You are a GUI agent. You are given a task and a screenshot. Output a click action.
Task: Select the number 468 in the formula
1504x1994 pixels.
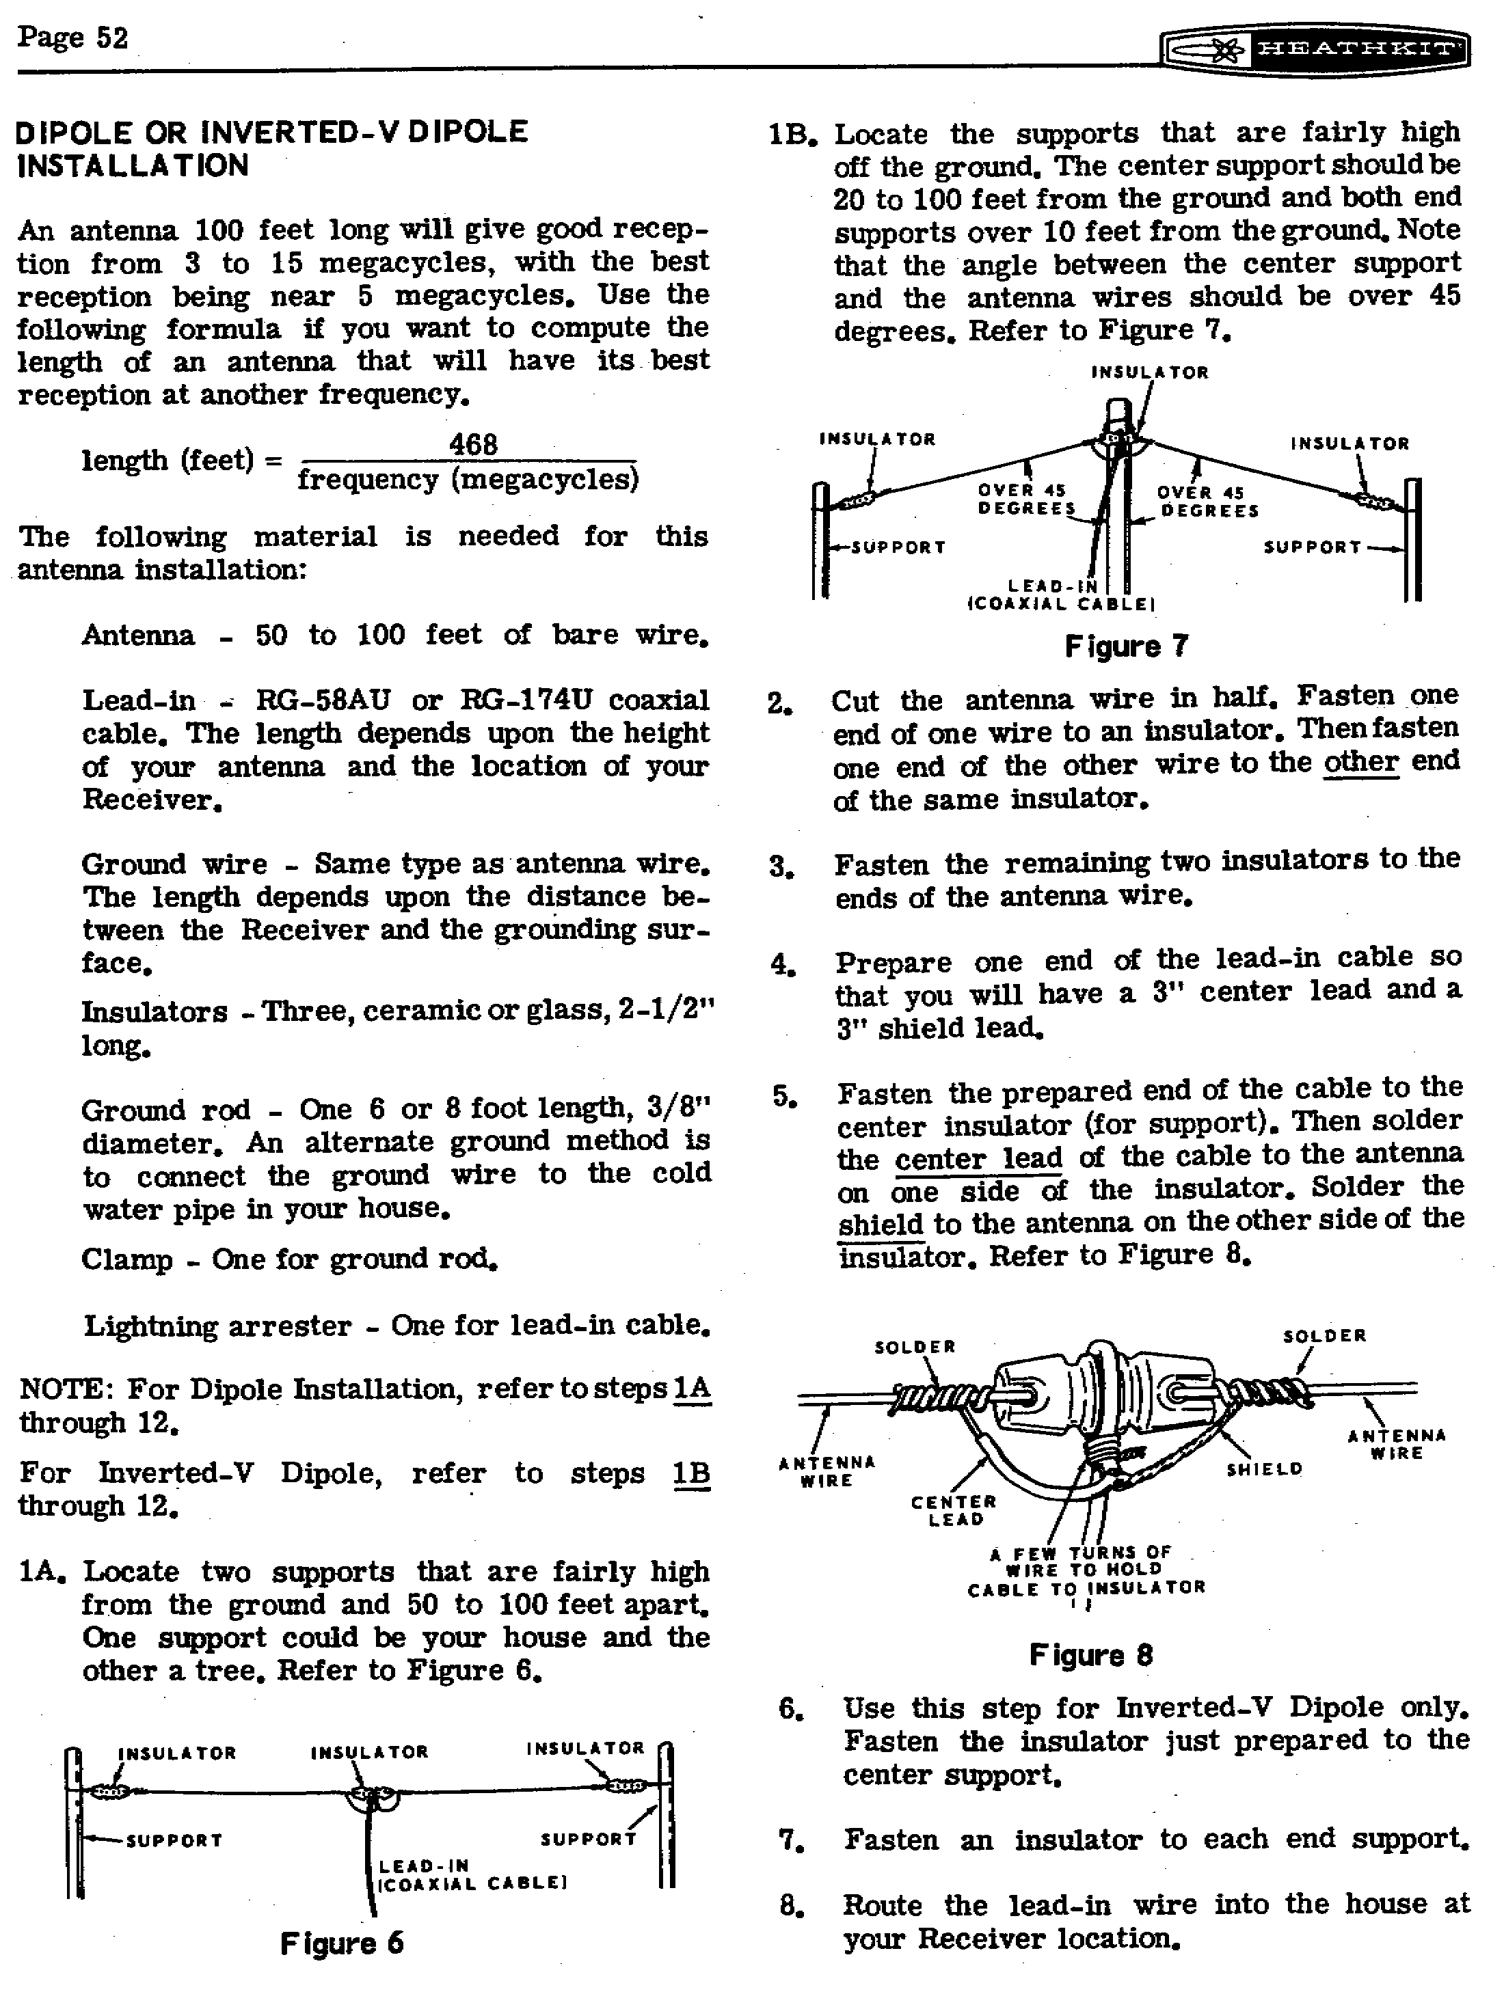[x=473, y=444]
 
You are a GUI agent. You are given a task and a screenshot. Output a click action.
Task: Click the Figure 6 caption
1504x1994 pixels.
[x=342, y=1943]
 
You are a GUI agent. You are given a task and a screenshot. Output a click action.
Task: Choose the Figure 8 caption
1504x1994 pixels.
[x=1091, y=1655]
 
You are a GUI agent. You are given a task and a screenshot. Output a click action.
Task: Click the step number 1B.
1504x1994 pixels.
[x=792, y=135]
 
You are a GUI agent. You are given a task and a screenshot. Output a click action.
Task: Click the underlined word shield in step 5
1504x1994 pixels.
[x=881, y=1224]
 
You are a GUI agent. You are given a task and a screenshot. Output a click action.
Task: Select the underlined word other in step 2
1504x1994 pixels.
[x=1360, y=763]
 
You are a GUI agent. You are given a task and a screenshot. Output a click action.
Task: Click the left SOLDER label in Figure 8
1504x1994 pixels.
[x=914, y=1347]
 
